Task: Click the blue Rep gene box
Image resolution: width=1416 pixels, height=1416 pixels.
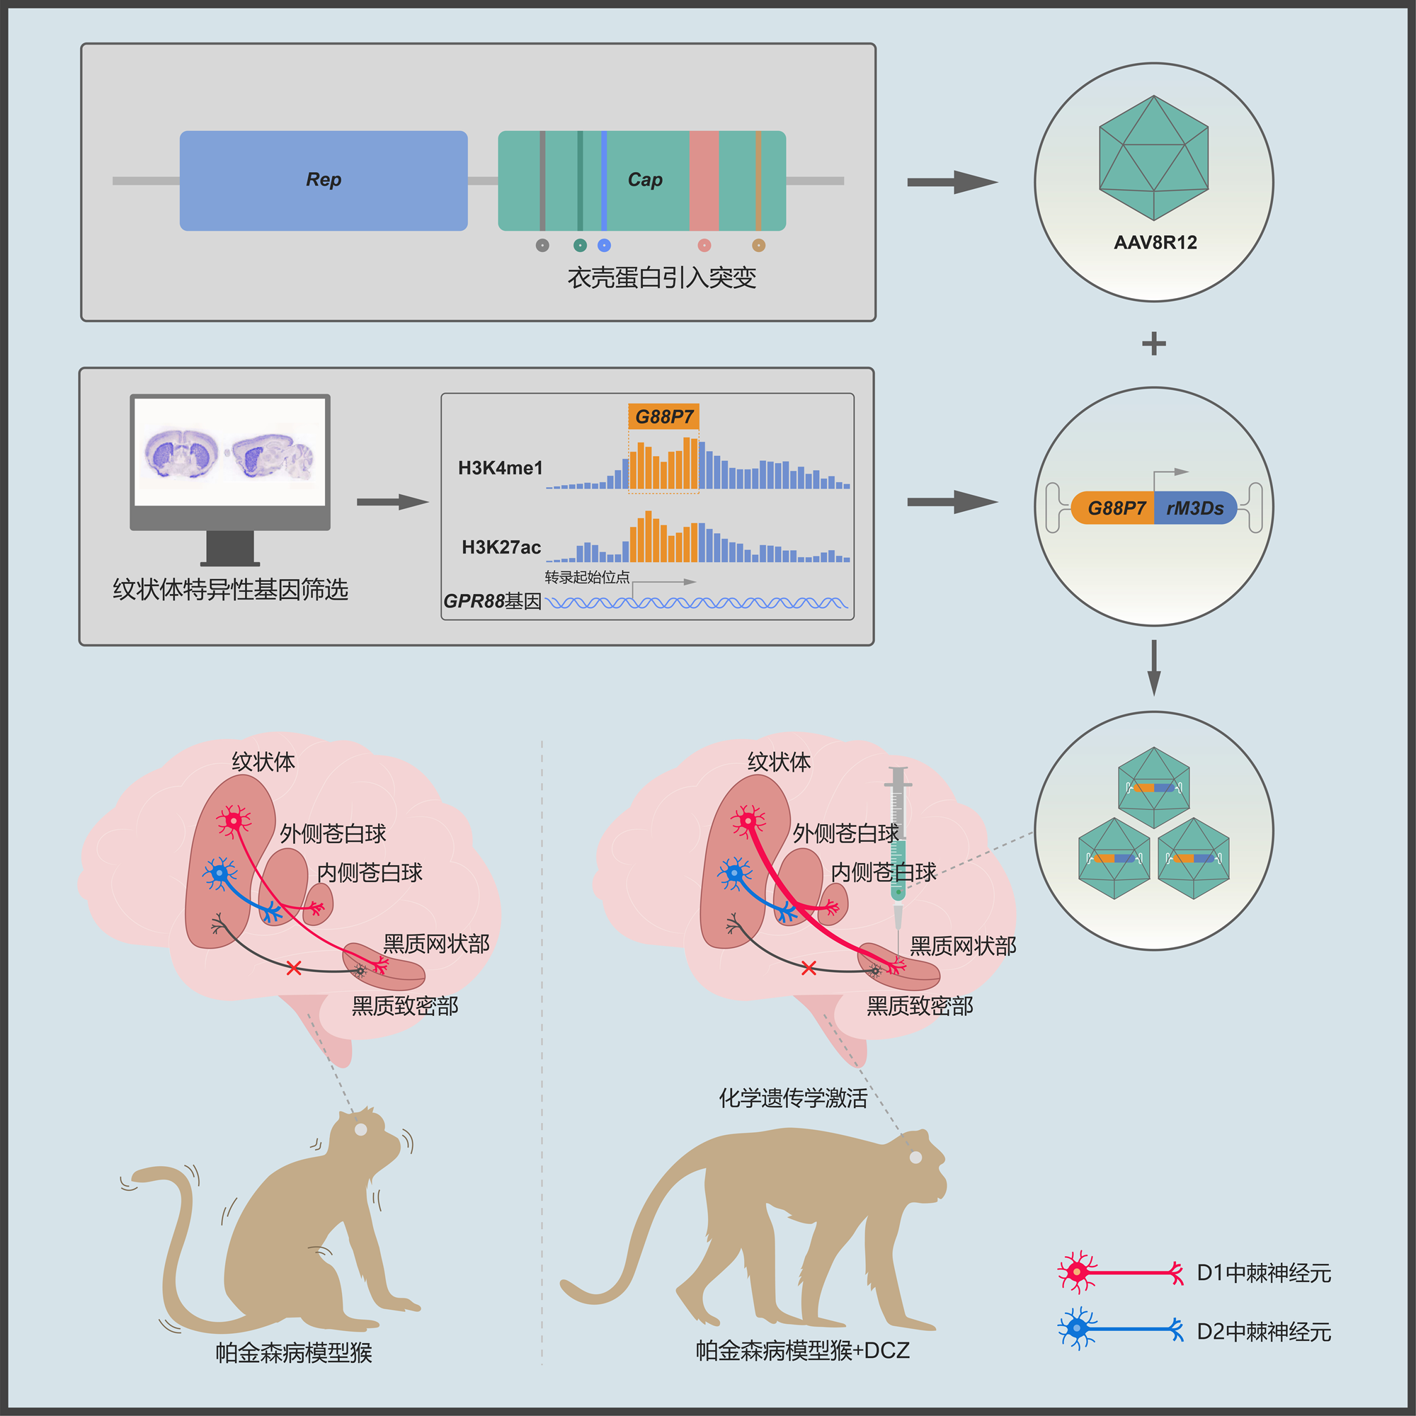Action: pos(324,181)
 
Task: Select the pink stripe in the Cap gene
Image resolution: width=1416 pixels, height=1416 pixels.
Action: pos(704,181)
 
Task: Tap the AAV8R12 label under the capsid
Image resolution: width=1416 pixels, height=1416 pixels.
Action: pos(1154,243)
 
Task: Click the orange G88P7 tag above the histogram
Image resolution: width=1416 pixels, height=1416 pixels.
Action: pos(663,416)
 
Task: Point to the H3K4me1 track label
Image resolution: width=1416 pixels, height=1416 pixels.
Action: pos(500,467)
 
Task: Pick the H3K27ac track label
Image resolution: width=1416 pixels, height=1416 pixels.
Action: pos(501,547)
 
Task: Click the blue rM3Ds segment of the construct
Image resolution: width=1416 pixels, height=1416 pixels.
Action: pos(1194,508)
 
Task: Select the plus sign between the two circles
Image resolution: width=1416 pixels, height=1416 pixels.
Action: pos(1153,343)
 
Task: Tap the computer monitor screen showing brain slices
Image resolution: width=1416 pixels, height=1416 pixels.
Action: pos(230,452)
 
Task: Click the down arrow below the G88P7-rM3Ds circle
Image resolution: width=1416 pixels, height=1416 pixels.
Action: pos(1153,667)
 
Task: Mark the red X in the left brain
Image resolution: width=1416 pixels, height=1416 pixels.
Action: pos(294,968)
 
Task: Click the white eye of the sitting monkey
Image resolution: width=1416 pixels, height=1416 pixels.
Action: pos(360,1129)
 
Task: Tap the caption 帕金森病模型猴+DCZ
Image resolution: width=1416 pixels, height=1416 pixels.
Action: pos(802,1350)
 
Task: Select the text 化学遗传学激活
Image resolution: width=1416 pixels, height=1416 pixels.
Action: pos(792,1098)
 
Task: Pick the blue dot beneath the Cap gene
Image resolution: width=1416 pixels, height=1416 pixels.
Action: pos(604,246)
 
